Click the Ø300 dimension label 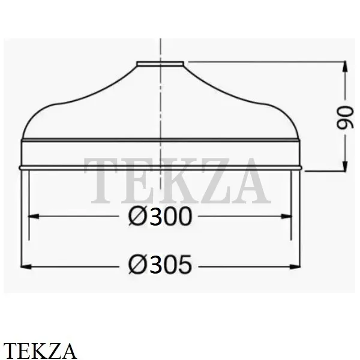click(160, 216)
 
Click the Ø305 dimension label click(160, 265)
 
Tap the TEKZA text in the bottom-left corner click(40, 351)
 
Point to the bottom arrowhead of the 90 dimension click(345, 166)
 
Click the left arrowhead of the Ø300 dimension click(34, 216)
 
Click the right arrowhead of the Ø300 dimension click(286, 216)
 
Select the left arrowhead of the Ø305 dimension click(26, 267)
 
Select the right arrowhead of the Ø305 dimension click(295, 267)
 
